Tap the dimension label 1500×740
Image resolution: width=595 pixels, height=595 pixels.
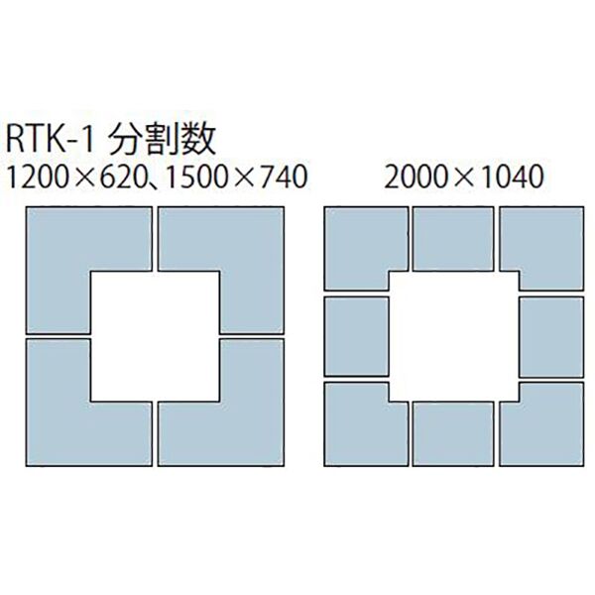tap(232, 178)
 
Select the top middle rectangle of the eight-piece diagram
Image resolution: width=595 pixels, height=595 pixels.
tap(453, 239)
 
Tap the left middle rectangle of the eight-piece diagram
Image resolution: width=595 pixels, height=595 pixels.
tap(356, 335)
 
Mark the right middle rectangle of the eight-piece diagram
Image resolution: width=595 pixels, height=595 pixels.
tap(550, 335)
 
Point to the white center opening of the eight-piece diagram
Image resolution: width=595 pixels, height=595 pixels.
tap(453, 335)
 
